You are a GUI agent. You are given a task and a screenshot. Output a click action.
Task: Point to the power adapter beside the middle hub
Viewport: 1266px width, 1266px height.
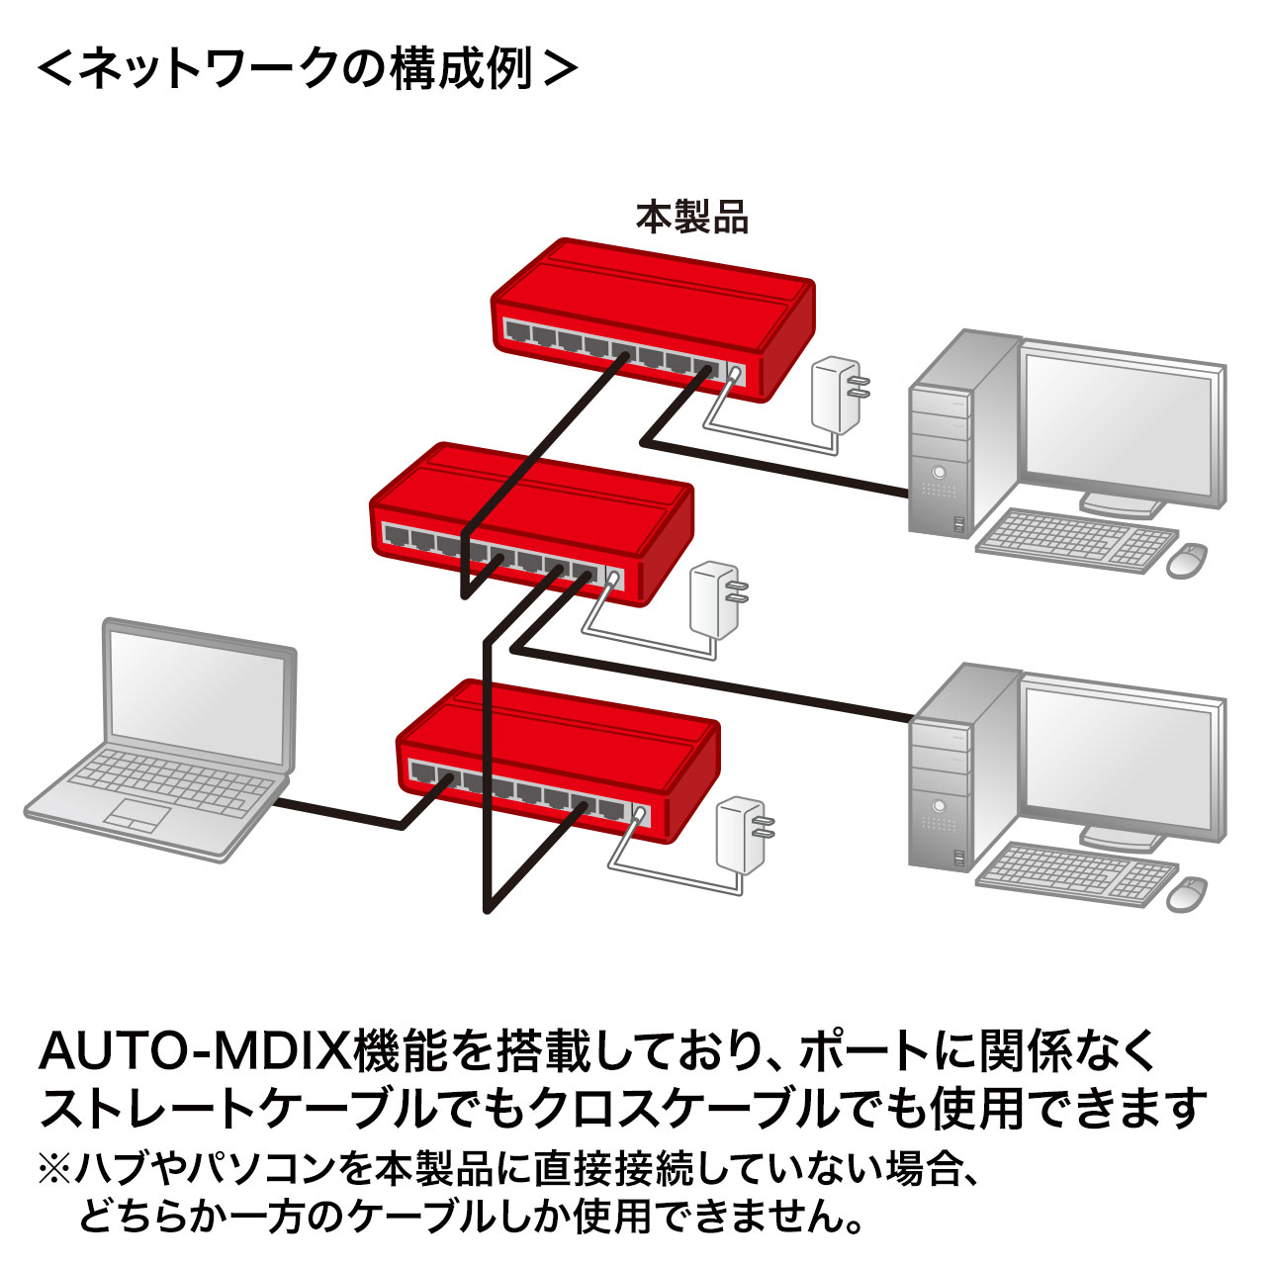tap(714, 599)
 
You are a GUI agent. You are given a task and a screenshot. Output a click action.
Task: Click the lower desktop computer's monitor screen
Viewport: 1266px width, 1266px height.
tap(1122, 757)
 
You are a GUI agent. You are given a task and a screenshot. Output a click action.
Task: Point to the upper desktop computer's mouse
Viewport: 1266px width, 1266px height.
tap(1187, 560)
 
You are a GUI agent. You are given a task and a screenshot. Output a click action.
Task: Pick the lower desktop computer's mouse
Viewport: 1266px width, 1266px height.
tap(1187, 893)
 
